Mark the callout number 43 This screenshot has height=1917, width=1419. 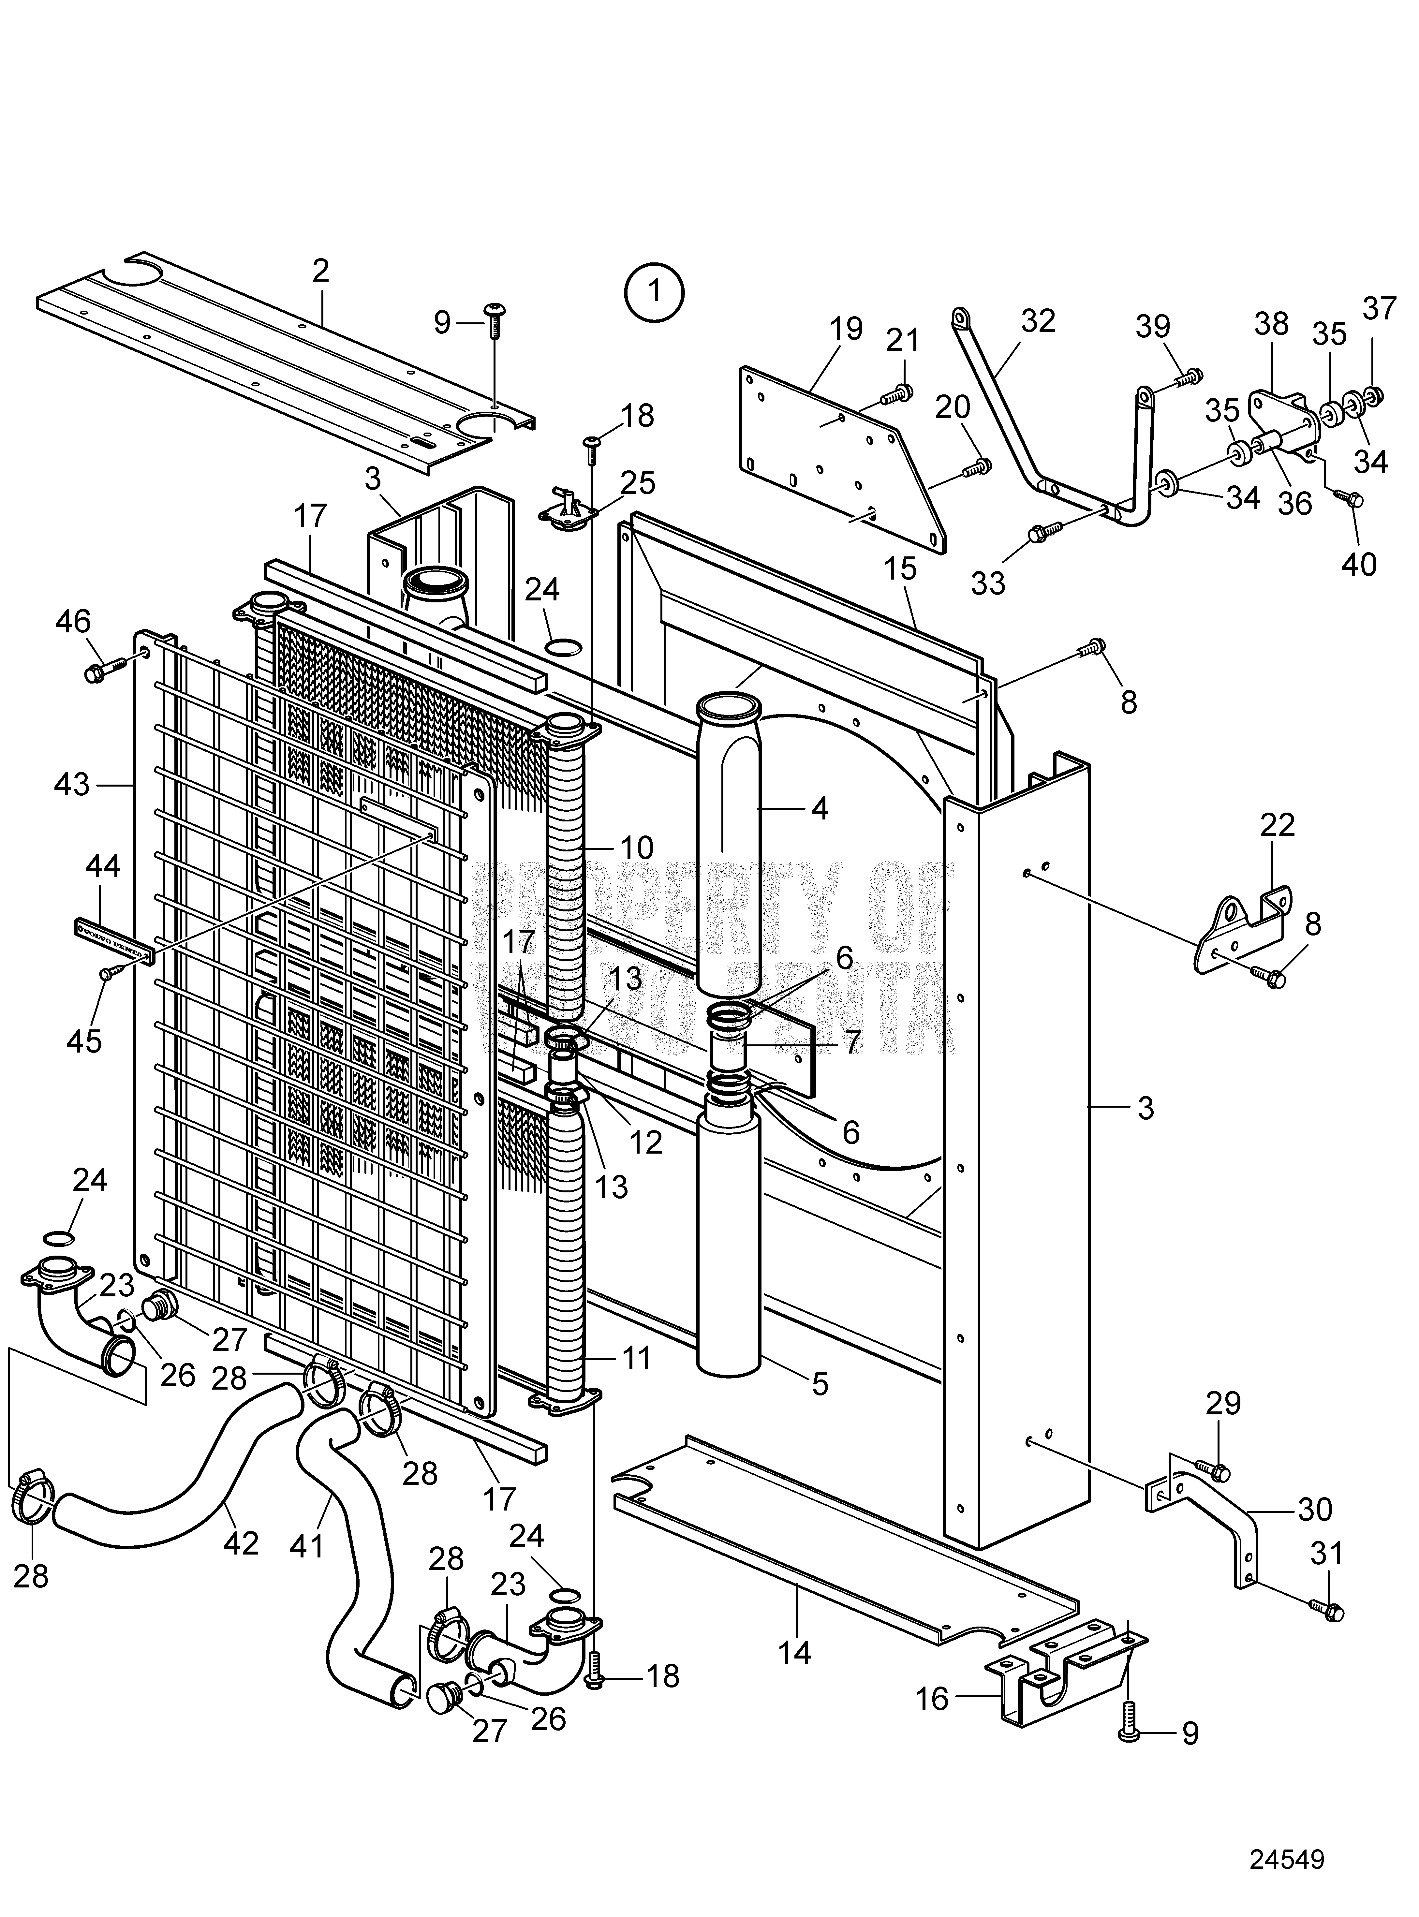tap(70, 784)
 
